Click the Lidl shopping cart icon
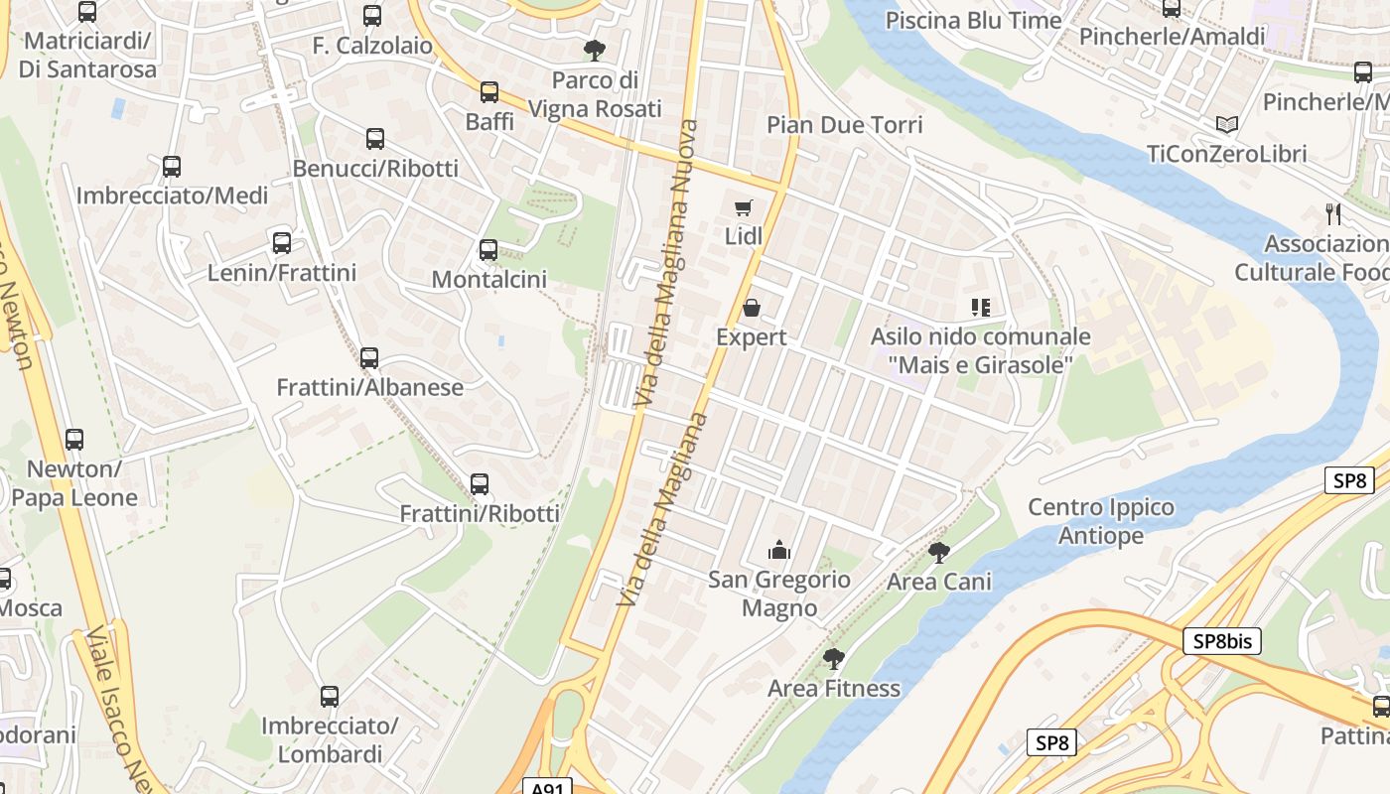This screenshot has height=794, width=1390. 743,208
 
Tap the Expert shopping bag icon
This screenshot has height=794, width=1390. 752,309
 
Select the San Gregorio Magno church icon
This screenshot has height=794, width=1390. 779,550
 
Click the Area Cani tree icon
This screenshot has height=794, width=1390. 938,553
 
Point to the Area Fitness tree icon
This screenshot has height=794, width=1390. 834,659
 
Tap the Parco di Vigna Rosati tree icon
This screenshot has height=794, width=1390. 595,50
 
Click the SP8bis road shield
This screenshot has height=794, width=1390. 1221,641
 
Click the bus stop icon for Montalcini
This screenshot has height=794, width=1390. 488,250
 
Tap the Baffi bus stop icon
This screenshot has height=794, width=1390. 489,92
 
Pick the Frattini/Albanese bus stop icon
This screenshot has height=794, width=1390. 369,358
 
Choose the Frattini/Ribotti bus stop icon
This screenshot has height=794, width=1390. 480,484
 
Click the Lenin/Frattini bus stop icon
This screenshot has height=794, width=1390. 282,243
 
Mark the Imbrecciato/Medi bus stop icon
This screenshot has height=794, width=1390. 172,167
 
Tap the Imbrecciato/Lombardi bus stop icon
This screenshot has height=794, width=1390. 330,697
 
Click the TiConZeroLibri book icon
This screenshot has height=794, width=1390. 1227,125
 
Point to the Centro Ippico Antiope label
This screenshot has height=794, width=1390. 1101,521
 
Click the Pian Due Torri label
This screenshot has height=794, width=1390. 845,124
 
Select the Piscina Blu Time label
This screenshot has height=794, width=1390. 973,20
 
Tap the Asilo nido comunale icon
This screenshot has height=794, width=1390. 981,308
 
